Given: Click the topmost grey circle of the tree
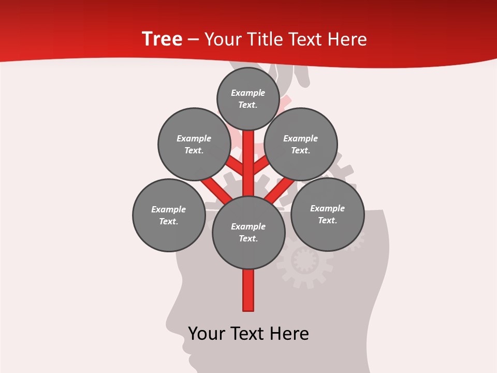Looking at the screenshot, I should pyautogui.click(x=248, y=98).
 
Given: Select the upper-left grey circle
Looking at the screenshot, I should pyautogui.click(x=194, y=144).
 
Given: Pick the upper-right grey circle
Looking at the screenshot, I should pyautogui.click(x=301, y=144).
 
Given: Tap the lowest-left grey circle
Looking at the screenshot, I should pyautogui.click(x=169, y=215).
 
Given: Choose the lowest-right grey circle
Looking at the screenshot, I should pyautogui.click(x=327, y=214).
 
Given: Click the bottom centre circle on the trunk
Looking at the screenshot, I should pyautogui.click(x=248, y=233).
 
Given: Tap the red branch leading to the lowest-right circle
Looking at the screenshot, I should pyautogui.click(x=280, y=190).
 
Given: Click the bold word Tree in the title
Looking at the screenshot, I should pyautogui.click(x=162, y=39).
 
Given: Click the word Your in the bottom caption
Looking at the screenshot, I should pyautogui.click(x=207, y=334).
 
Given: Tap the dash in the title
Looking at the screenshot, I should pyautogui.click(x=193, y=40).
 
